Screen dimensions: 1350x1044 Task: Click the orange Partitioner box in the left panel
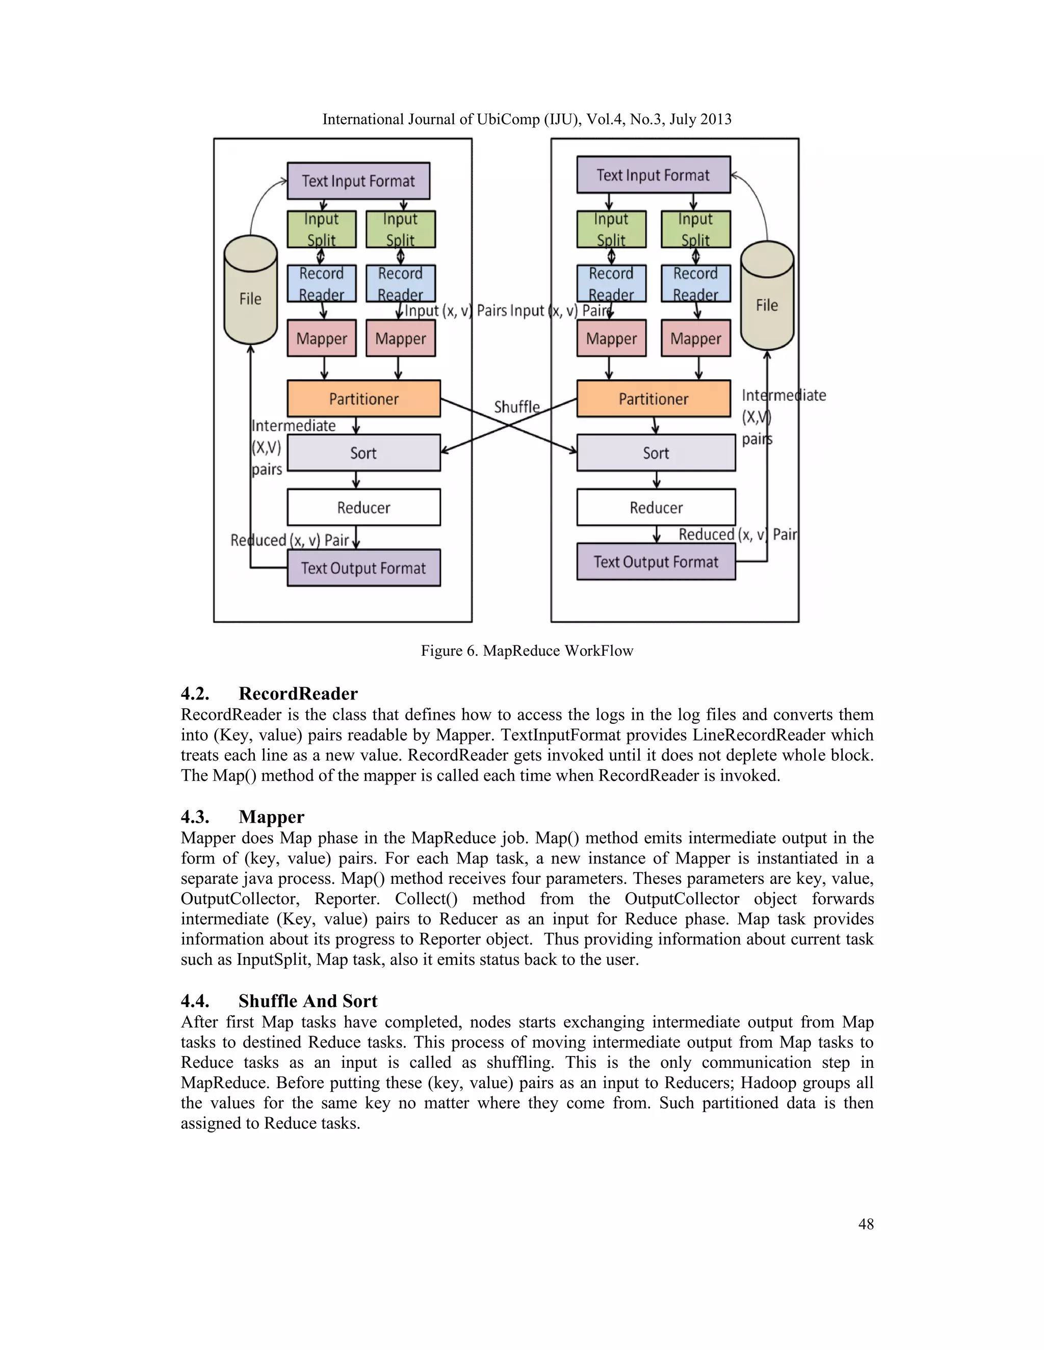pyautogui.click(x=363, y=399)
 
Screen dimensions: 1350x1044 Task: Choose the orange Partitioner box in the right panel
pyautogui.click(x=653, y=399)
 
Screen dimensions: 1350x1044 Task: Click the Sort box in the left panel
pyautogui.click(x=363, y=453)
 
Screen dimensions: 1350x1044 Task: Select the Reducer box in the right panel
pyautogui.click(x=656, y=507)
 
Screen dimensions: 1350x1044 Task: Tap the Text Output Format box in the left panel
pyautogui.click(x=363, y=568)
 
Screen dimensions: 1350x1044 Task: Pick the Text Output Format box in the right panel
pyautogui.click(x=656, y=562)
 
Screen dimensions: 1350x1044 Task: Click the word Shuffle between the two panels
pyautogui.click(x=516, y=407)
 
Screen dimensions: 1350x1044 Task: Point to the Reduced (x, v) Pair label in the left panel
pyautogui.click(x=290, y=540)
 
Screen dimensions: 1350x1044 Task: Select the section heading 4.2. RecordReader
pyautogui.click(x=269, y=693)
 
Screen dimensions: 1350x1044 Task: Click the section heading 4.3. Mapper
pyautogui.click(x=243, y=817)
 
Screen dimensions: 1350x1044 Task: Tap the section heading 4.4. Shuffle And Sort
pyautogui.click(x=278, y=1001)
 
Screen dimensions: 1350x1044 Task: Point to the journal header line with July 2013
pyautogui.click(x=527, y=119)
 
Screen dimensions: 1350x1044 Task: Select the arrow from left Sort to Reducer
pyautogui.click(x=356, y=480)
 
